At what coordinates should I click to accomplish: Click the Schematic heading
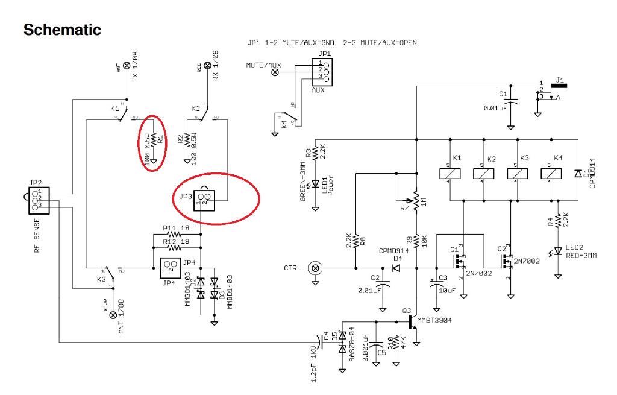[62, 30]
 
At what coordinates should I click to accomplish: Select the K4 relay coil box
[553, 173]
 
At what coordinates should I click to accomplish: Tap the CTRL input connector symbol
[315, 267]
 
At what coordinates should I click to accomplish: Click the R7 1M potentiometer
[416, 198]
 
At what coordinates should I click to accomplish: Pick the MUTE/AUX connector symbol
[275, 72]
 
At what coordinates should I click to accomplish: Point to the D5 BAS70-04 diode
[343, 341]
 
